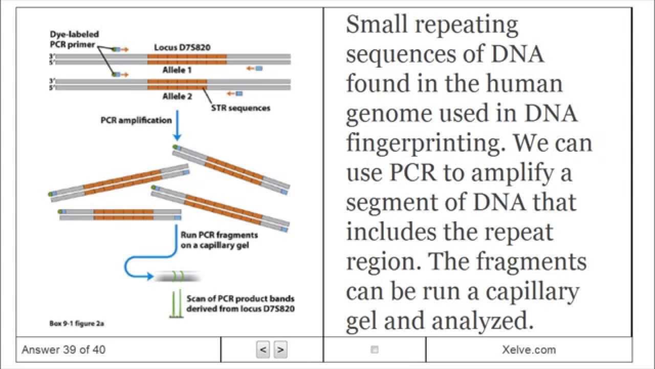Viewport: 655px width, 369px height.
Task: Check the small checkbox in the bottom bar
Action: (375, 350)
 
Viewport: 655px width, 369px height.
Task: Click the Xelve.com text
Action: (529, 350)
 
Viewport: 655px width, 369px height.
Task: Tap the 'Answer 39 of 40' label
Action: (63, 350)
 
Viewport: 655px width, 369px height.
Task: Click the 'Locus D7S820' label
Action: (183, 48)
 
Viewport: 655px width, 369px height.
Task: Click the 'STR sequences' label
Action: (241, 108)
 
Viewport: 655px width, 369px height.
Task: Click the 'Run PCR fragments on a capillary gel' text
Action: (219, 240)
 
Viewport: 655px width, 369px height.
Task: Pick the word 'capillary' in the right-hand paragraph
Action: (532, 292)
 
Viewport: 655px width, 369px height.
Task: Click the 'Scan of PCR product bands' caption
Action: (240, 298)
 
